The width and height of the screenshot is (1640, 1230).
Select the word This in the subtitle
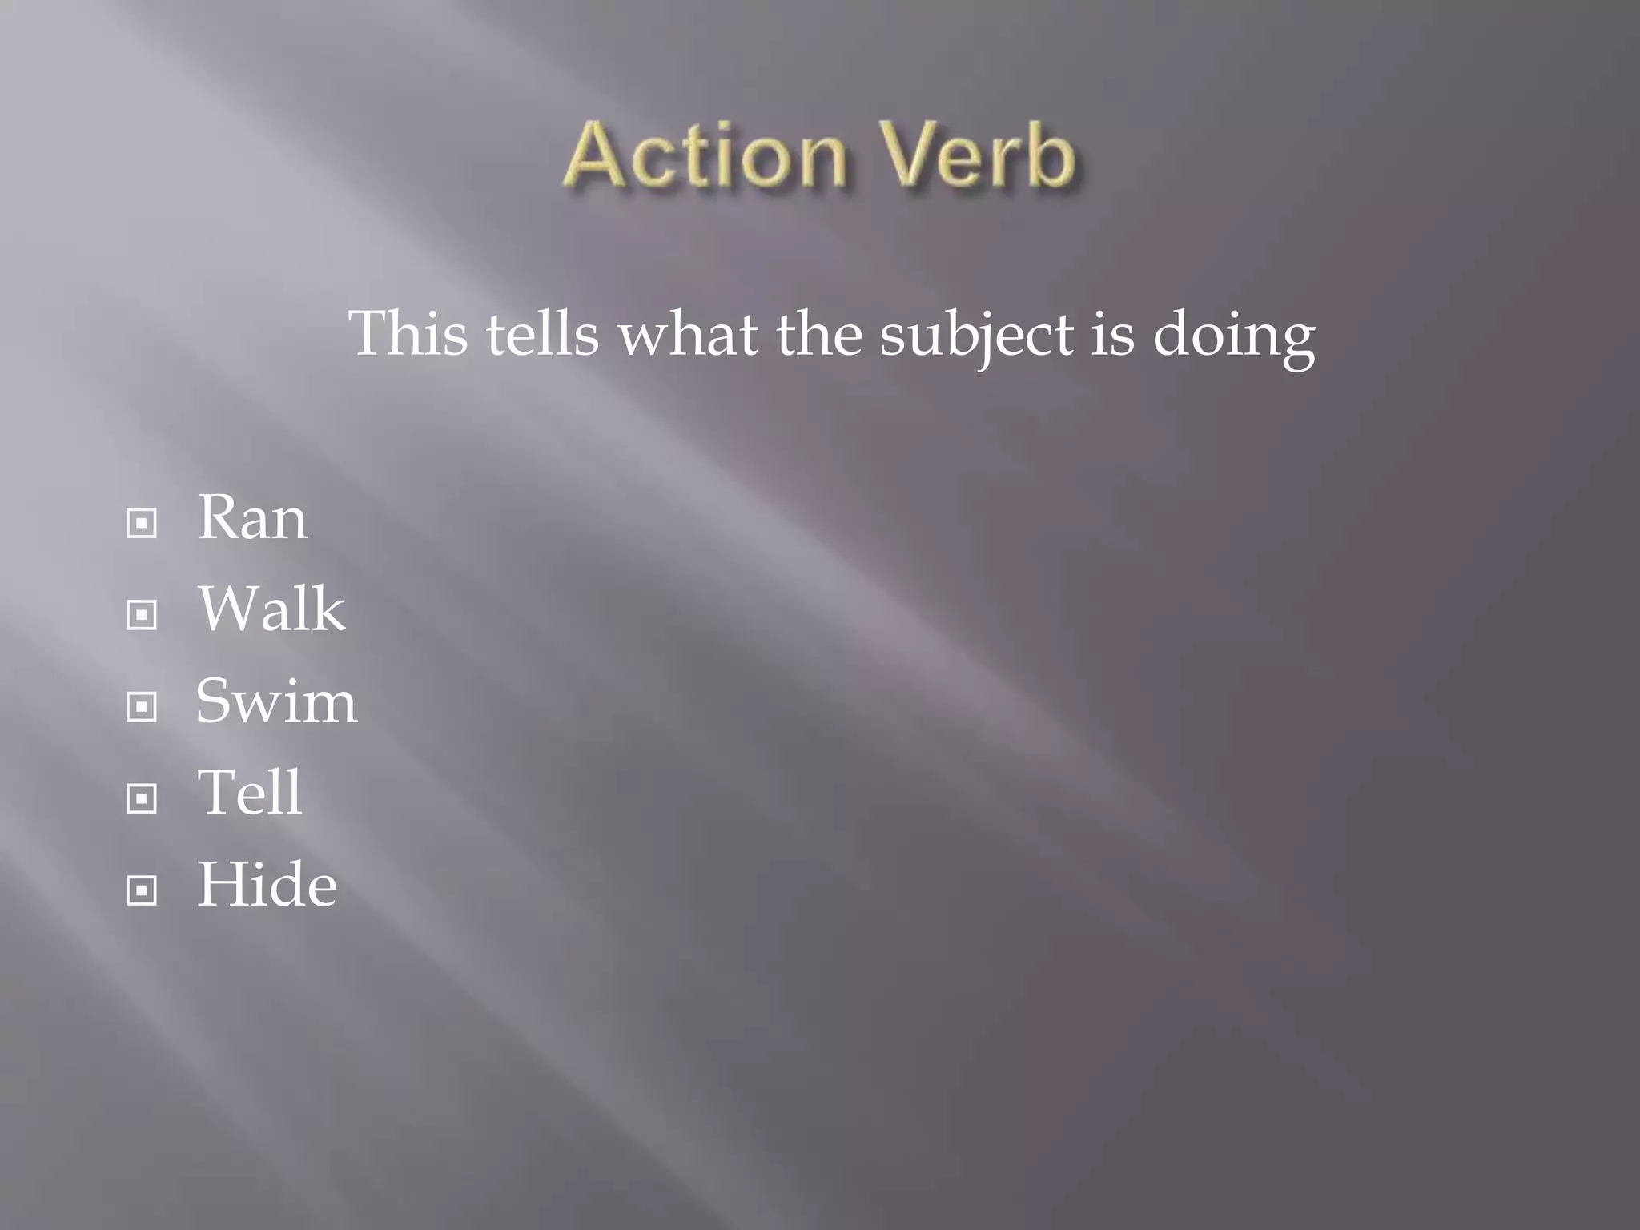click(x=408, y=334)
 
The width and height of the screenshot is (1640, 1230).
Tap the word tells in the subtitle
click(x=543, y=334)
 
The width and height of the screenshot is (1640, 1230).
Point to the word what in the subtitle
click(x=688, y=334)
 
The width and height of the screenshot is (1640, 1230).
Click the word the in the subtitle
click(x=818, y=334)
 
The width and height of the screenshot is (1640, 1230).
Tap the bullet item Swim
click(x=276, y=701)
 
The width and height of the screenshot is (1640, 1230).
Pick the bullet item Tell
click(x=250, y=792)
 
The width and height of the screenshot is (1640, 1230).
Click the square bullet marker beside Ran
click(x=142, y=524)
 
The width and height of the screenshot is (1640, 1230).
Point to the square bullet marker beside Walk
click(x=142, y=615)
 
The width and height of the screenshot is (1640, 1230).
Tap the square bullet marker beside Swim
click(x=142, y=707)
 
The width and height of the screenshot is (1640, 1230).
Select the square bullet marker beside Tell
click(x=142, y=798)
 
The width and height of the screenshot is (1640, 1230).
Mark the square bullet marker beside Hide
click(x=142, y=890)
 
